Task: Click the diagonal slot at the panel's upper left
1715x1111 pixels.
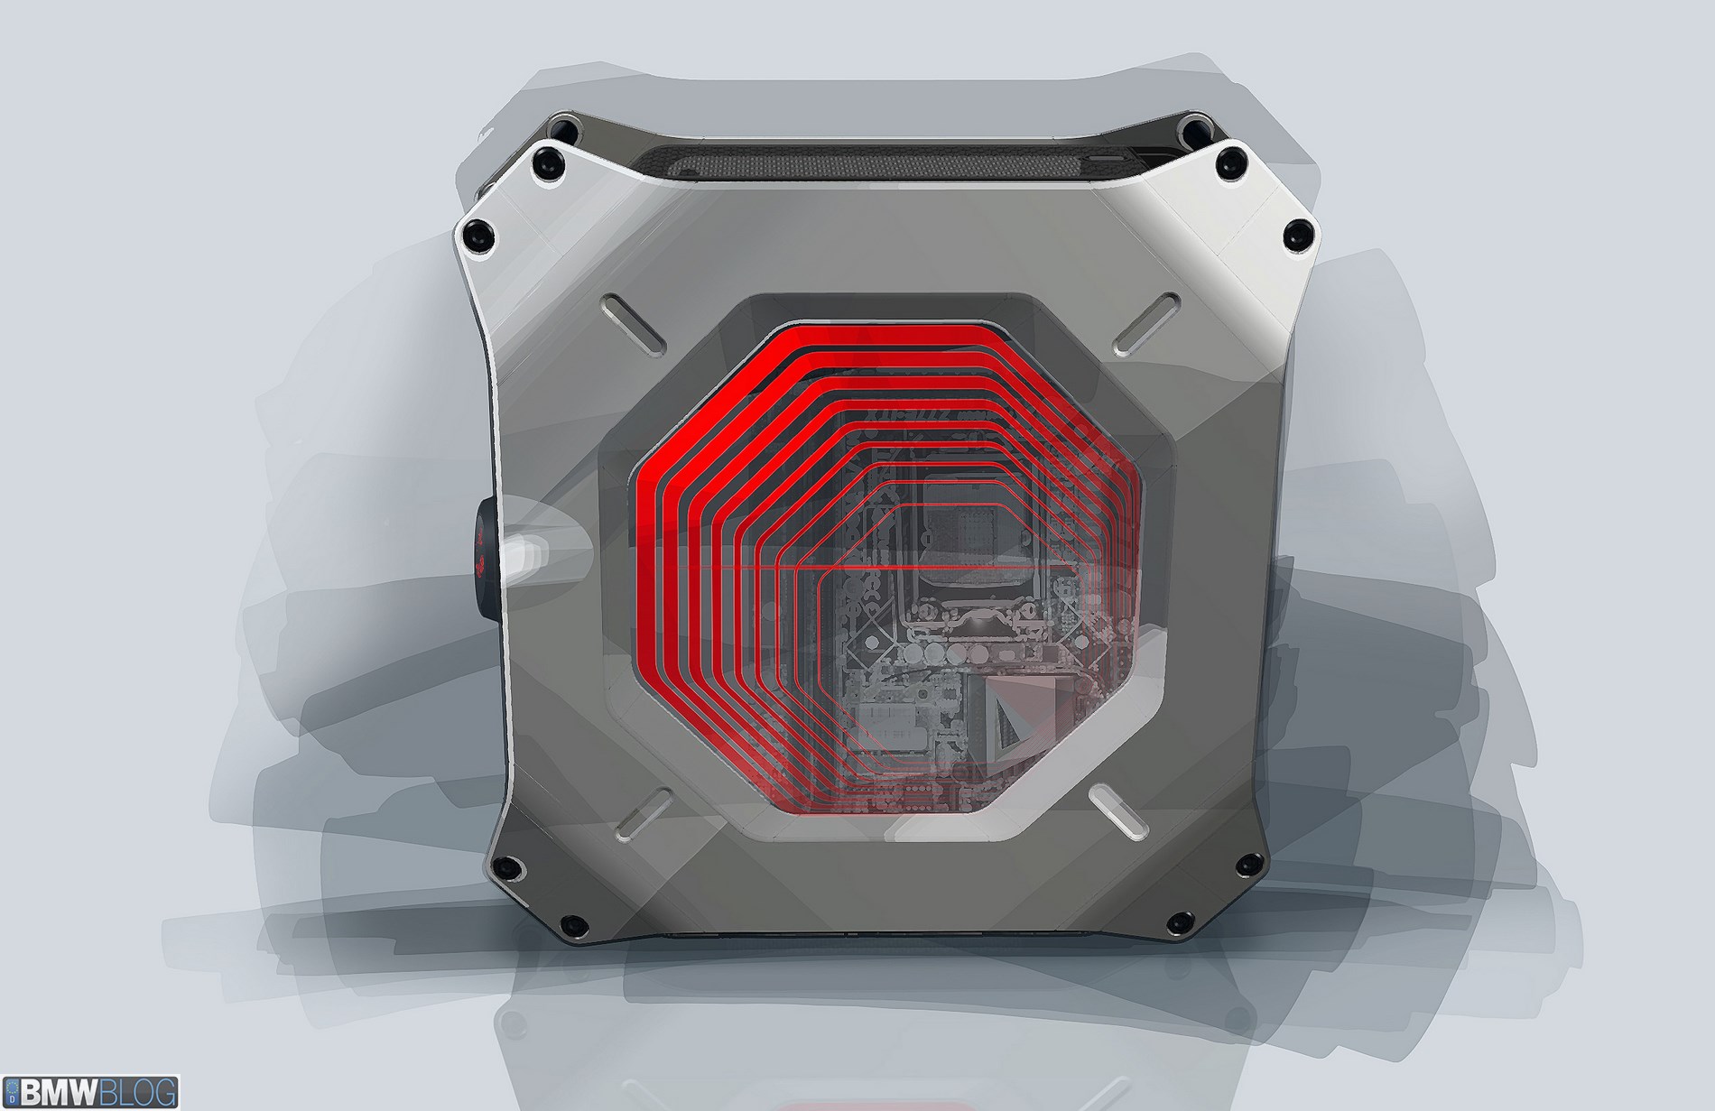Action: click(631, 321)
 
